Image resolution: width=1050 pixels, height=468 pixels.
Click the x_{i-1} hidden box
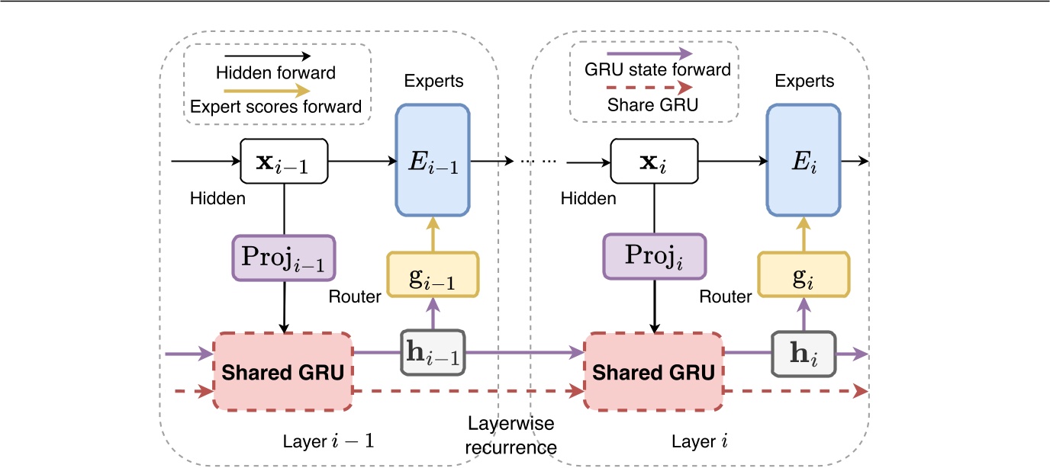[x=284, y=161]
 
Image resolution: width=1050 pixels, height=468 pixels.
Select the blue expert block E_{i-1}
[x=431, y=161]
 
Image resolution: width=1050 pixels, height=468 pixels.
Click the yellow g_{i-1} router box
[x=432, y=274]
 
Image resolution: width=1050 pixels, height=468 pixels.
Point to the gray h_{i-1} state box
[x=432, y=353]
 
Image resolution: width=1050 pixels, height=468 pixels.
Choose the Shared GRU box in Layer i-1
[x=283, y=371]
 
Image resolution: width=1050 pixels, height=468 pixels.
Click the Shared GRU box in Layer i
[x=654, y=371]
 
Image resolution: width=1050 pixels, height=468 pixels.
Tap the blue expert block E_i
[x=803, y=161]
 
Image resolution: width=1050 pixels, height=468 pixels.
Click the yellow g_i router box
[x=803, y=274]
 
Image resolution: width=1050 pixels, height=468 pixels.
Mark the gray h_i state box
[x=803, y=353]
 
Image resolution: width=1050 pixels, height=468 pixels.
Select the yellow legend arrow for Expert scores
[x=276, y=90]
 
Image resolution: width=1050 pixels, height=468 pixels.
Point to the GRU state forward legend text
[x=655, y=70]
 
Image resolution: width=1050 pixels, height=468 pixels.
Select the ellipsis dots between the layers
[x=539, y=162]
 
